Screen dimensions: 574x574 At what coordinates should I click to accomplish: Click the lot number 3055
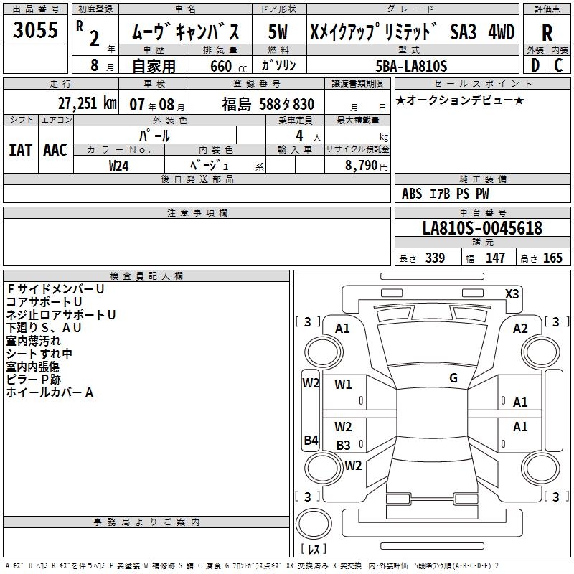[x=35, y=29]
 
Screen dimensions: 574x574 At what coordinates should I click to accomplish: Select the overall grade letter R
[x=547, y=33]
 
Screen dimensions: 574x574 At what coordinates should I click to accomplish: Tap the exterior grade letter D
[x=535, y=65]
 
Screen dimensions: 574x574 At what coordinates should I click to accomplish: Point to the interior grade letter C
[x=558, y=65]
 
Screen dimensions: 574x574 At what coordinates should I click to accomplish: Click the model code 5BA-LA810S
[x=411, y=66]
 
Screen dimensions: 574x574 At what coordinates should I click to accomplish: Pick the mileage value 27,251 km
[x=87, y=103]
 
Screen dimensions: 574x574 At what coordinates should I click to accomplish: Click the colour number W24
[x=118, y=166]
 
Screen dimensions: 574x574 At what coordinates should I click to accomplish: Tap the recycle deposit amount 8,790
[x=361, y=165]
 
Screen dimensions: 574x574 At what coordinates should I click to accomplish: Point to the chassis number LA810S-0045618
[x=482, y=227]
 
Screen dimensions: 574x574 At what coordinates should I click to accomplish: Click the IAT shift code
[x=20, y=150]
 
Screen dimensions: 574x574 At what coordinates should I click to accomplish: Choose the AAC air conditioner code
[x=55, y=150]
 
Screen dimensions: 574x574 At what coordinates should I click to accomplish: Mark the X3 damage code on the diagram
[x=512, y=293]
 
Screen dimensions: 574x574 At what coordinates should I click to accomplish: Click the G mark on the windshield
[x=453, y=377]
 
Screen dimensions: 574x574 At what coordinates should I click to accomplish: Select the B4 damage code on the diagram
[x=311, y=440]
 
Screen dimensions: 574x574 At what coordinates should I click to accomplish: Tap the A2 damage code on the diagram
[x=519, y=329]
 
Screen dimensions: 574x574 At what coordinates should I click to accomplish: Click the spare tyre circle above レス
[x=314, y=523]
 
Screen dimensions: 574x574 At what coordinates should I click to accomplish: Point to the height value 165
[x=552, y=258]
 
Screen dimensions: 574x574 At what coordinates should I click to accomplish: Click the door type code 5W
[x=278, y=32]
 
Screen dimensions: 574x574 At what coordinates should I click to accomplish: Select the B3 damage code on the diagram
[x=343, y=445]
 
